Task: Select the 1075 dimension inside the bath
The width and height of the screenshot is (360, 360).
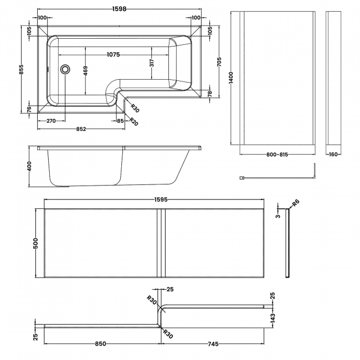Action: (x=113, y=54)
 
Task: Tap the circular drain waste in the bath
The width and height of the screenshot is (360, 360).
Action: (x=65, y=70)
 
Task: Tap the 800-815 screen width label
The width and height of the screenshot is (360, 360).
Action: (x=277, y=155)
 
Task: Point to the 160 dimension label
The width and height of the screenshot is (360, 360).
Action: (x=333, y=155)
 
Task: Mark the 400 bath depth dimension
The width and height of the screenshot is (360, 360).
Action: (x=31, y=167)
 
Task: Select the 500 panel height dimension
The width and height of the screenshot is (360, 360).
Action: (x=36, y=243)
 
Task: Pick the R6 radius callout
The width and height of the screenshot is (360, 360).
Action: (x=295, y=203)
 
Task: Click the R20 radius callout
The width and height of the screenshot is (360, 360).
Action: (x=133, y=122)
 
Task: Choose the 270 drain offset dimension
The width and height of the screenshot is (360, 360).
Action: (x=51, y=121)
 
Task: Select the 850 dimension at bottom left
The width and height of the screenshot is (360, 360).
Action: (x=100, y=344)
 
